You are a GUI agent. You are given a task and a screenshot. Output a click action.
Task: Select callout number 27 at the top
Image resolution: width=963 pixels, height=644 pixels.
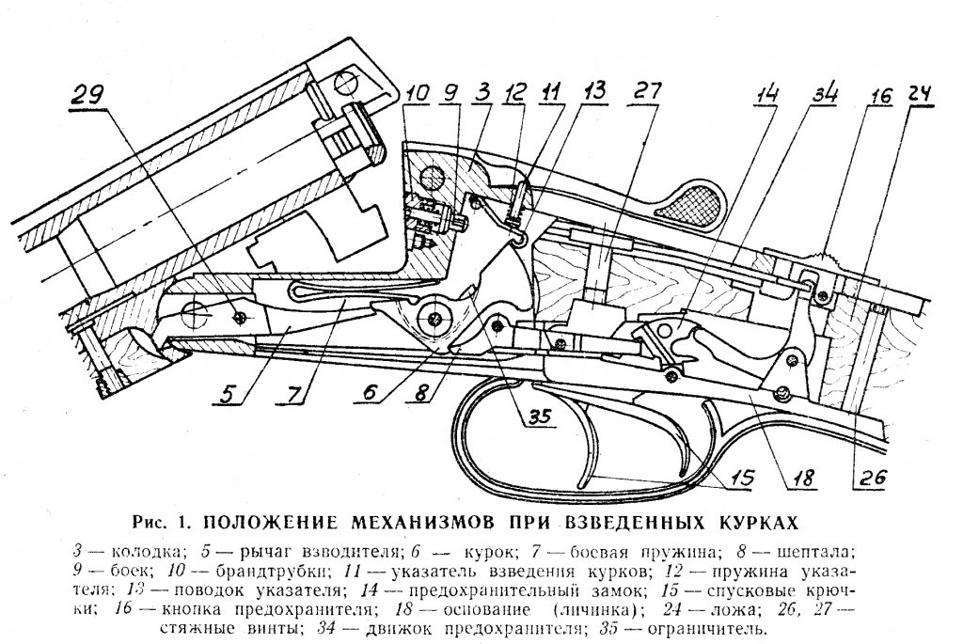coord(647,92)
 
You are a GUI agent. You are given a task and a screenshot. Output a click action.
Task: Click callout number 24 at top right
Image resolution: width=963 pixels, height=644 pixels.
coord(922,94)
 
